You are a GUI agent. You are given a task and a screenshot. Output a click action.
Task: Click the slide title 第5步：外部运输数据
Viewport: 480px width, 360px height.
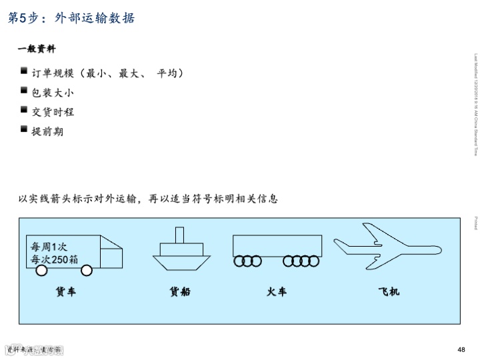[71, 18]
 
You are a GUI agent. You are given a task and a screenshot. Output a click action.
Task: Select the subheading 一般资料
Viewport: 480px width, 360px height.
[36, 49]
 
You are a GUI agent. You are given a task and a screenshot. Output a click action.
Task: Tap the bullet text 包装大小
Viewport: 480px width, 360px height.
[53, 93]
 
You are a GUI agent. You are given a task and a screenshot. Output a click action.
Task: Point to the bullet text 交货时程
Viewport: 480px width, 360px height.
[53, 112]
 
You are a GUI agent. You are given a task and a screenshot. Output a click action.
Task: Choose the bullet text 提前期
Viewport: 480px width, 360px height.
[47, 131]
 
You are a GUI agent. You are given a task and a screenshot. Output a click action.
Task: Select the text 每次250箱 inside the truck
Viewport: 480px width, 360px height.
[54, 260]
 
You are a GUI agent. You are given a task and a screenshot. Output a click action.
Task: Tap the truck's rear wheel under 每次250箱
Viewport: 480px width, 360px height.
[41, 271]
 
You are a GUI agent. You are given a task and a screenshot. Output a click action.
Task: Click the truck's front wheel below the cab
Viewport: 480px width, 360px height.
[87, 271]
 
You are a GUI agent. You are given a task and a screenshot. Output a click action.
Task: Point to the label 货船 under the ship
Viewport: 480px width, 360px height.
[180, 291]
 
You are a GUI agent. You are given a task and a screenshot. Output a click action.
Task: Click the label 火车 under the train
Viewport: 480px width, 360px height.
[277, 291]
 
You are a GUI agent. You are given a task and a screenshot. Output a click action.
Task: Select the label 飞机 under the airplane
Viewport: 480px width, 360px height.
[389, 291]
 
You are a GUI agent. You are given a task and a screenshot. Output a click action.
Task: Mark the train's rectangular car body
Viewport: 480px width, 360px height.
[277, 245]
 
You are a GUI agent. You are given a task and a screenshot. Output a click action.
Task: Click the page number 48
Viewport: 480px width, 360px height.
[461, 349]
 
